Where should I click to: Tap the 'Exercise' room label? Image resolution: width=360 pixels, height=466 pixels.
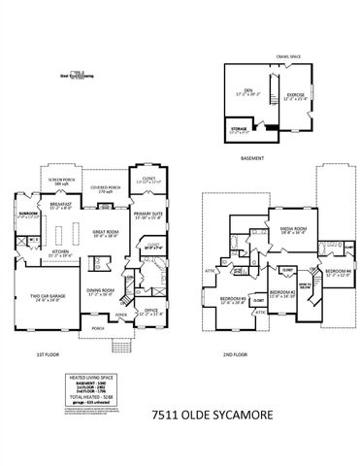pos(295,94)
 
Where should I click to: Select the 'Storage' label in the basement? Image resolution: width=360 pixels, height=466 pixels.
pos(239,127)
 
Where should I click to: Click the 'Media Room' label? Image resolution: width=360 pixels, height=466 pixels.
pos(266,229)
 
